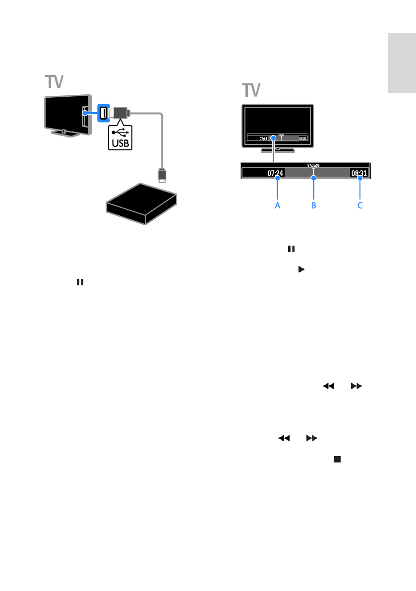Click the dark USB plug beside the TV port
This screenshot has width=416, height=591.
(x=119, y=114)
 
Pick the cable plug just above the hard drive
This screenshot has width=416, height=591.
(x=161, y=175)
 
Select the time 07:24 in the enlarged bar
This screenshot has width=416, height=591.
(x=275, y=173)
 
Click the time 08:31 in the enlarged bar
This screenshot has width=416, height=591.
(x=358, y=173)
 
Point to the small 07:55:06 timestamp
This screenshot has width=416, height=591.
(x=313, y=165)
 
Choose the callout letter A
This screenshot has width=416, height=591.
(x=278, y=205)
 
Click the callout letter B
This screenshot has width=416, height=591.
(x=313, y=205)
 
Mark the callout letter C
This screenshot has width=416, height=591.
(x=360, y=205)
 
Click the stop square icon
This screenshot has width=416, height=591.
(x=337, y=460)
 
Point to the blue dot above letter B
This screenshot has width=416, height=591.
(x=313, y=177)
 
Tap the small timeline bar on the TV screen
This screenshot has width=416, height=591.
(x=278, y=137)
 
